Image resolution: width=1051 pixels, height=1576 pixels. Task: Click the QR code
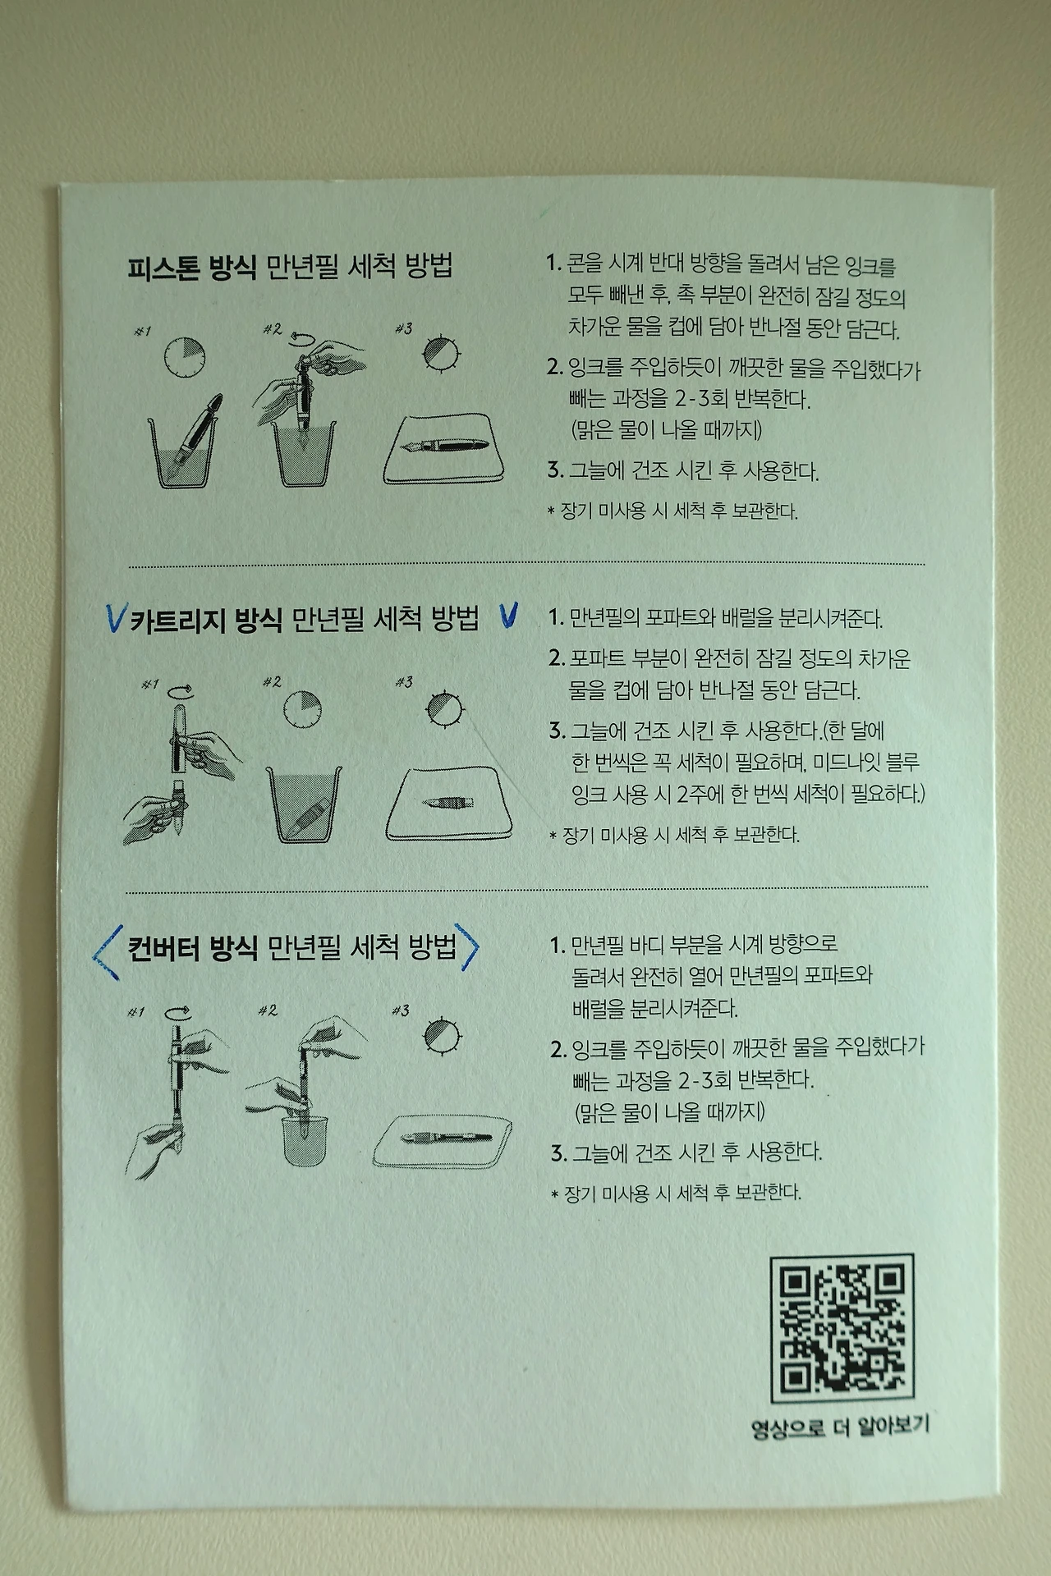click(841, 1327)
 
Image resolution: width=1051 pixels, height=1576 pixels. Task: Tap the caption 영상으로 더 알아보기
click(840, 1427)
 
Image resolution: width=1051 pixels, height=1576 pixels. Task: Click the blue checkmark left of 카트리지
click(116, 618)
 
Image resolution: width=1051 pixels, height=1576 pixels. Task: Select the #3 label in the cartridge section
click(403, 682)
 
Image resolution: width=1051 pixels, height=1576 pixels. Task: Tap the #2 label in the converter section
click(268, 1010)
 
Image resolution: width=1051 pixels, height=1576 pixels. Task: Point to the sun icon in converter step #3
click(443, 1036)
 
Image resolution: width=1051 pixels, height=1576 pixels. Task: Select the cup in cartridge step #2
click(305, 804)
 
